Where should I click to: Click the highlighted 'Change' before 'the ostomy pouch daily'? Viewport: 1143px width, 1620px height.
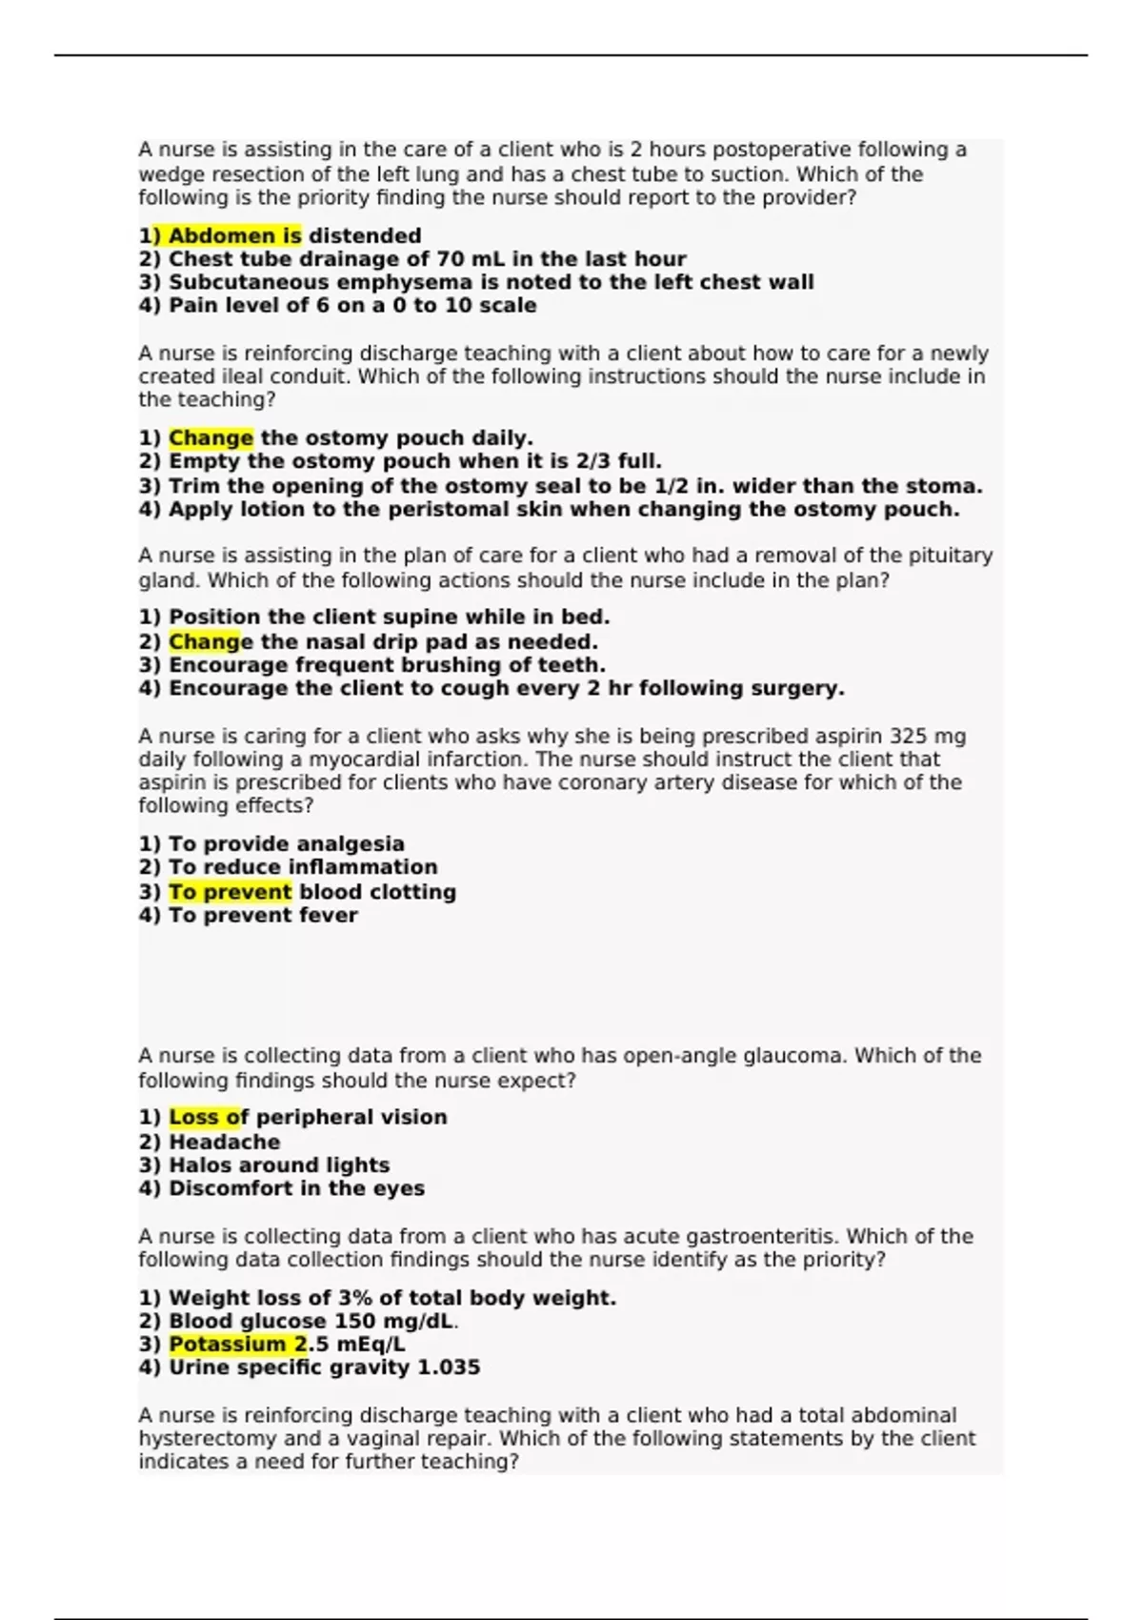[x=211, y=438]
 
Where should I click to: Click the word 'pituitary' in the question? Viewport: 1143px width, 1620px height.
[x=948, y=556]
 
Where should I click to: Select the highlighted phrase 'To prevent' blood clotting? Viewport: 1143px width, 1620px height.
[x=230, y=892]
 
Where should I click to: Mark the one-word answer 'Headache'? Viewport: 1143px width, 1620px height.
[x=224, y=1142]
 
